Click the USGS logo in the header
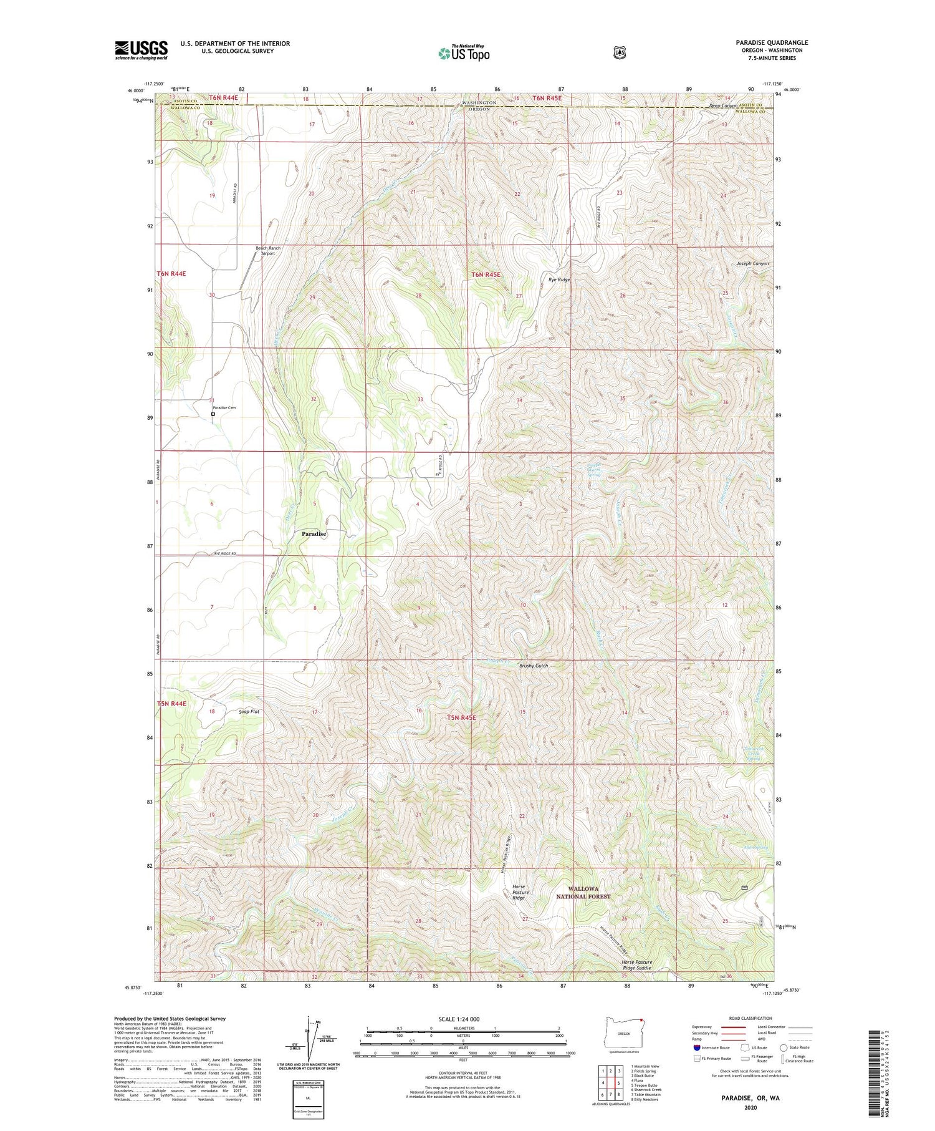[141, 50]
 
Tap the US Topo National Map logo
[463, 53]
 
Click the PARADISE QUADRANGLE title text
[771, 42]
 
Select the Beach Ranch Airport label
[268, 251]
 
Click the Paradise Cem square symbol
[213, 414]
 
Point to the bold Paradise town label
[314, 534]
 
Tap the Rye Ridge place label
[559, 280]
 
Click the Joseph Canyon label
[752, 264]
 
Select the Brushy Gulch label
[534, 666]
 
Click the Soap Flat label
[249, 711]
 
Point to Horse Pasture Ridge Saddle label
[636, 965]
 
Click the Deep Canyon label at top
[723, 106]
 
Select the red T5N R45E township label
[461, 718]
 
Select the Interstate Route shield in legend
[697, 1047]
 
